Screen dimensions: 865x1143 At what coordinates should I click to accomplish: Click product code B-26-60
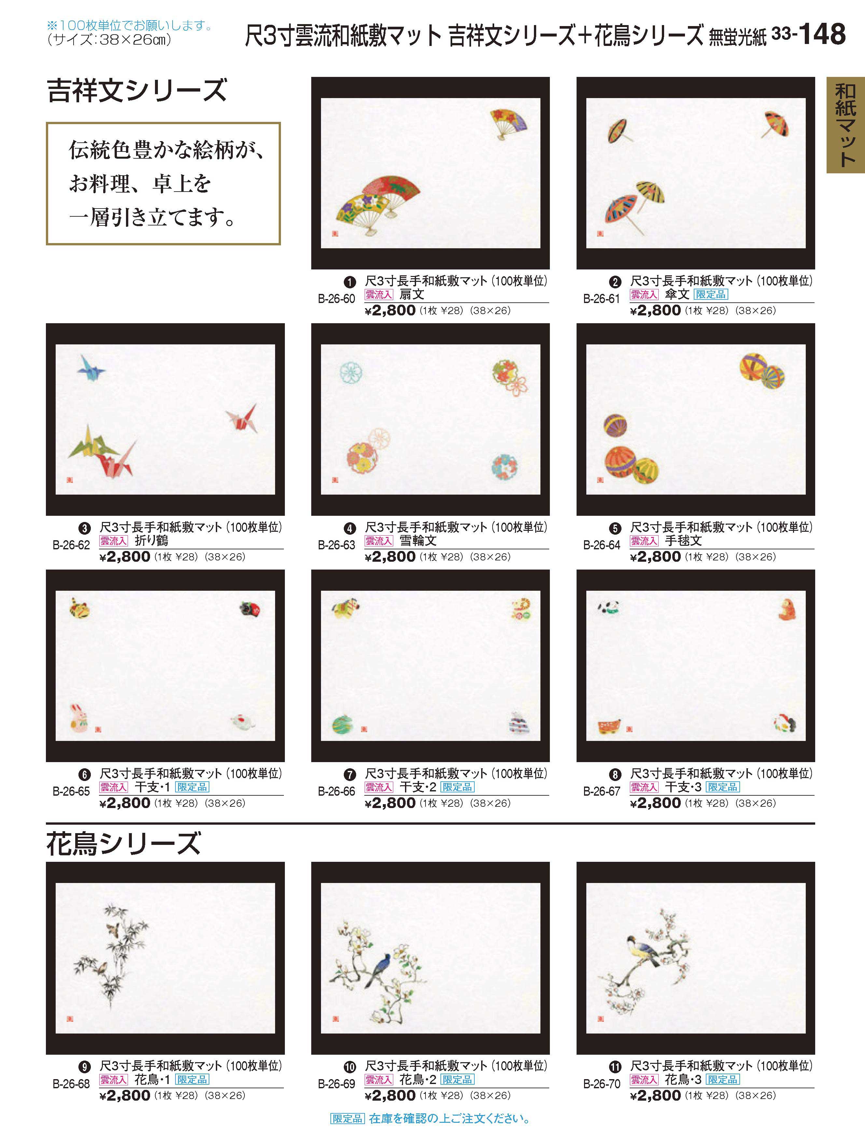[336, 299]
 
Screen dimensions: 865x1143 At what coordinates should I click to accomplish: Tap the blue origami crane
[92, 366]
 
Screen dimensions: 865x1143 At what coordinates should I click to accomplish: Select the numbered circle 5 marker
[615, 528]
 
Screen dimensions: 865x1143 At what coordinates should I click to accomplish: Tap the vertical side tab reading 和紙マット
[845, 125]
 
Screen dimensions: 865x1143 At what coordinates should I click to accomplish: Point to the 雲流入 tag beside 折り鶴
[114, 541]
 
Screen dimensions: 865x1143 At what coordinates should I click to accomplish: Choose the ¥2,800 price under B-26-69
[390, 1095]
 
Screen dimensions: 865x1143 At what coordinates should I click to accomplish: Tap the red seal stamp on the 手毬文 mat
[600, 480]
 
